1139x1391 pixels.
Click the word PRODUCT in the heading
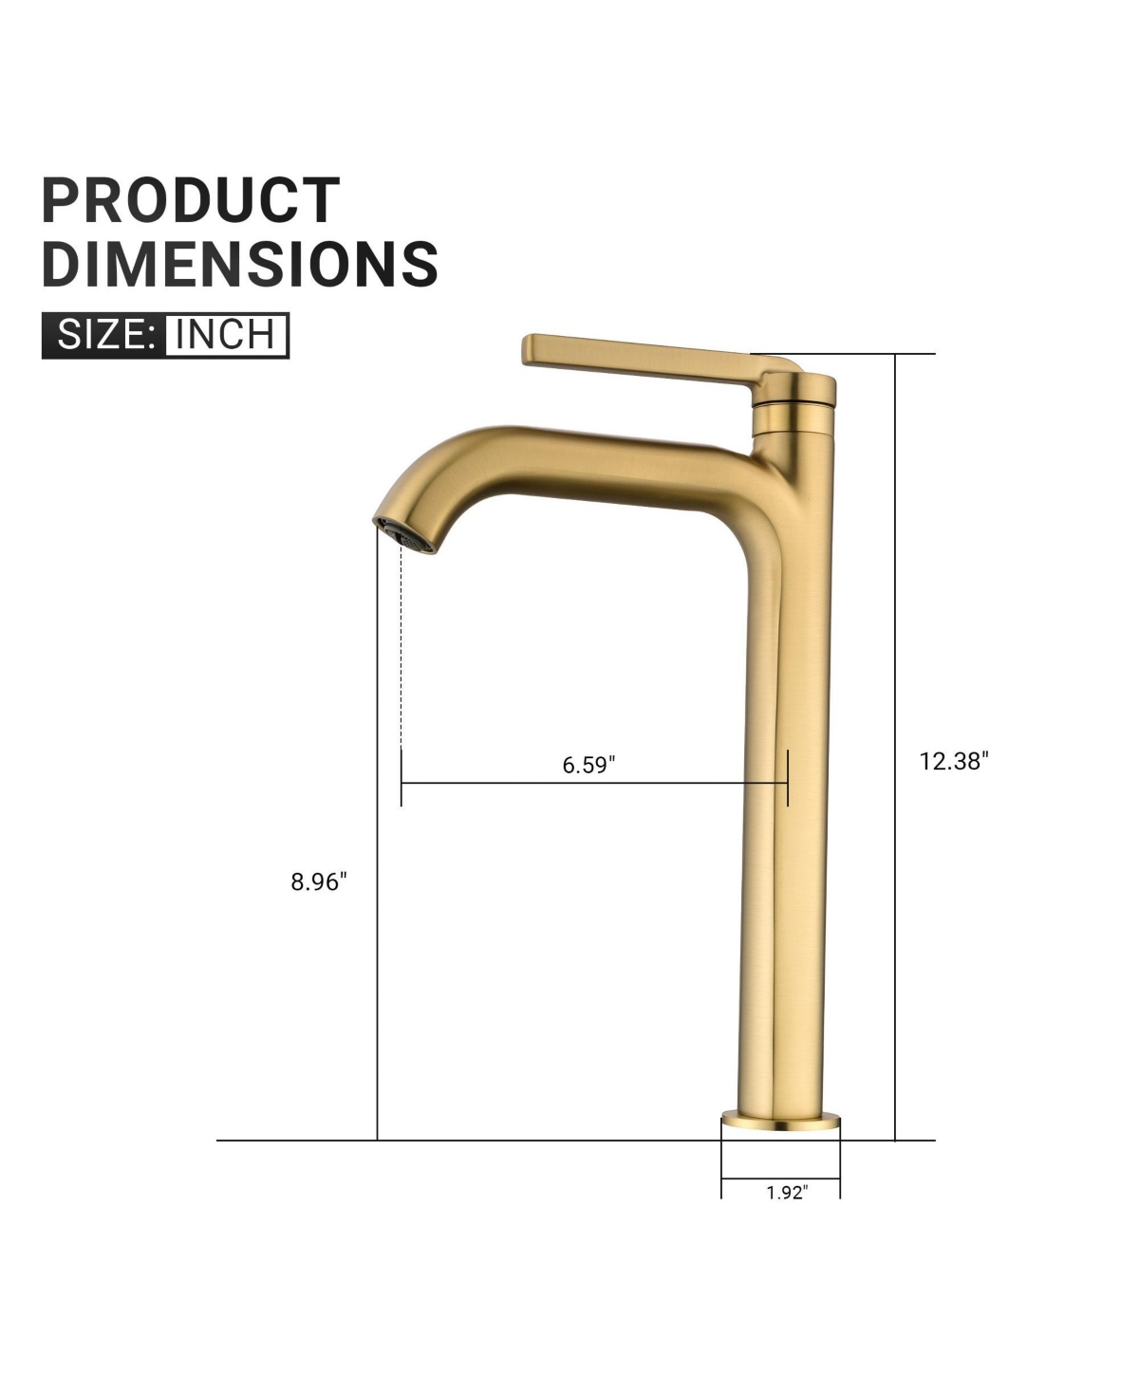[x=191, y=200]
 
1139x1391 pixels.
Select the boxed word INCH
[x=226, y=335]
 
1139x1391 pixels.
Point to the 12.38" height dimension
[x=953, y=761]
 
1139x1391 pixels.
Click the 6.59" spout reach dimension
[x=588, y=765]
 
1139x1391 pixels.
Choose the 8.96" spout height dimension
[x=319, y=881]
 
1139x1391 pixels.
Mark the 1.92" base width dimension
[x=786, y=1193]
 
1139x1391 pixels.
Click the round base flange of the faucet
[x=780, y=1123]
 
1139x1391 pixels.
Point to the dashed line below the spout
[x=401, y=645]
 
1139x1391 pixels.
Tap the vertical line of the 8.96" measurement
[x=378, y=996]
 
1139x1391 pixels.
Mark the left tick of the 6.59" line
[x=401, y=778]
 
